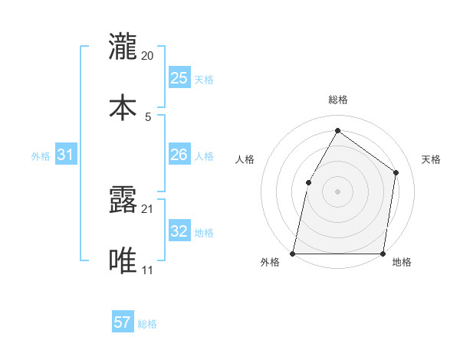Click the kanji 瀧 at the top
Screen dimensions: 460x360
123,46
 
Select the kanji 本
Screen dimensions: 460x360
123,106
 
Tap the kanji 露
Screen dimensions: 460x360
123,201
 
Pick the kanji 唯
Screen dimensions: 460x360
123,261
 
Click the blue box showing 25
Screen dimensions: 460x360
179,77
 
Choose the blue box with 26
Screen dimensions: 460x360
179,155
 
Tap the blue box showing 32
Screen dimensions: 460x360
179,231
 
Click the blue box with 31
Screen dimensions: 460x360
66,155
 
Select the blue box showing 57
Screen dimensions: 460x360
123,322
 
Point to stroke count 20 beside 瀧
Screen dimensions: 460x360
148,56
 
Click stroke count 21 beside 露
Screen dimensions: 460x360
148,208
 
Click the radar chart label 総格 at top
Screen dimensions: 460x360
337,100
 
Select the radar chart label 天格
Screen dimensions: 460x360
431,159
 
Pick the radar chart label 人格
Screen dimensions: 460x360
245,159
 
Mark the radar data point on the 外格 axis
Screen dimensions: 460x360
293,253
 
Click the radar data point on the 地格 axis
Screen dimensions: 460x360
383,253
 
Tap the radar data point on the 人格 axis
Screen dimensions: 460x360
308,182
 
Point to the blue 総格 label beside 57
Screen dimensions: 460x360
147,323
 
